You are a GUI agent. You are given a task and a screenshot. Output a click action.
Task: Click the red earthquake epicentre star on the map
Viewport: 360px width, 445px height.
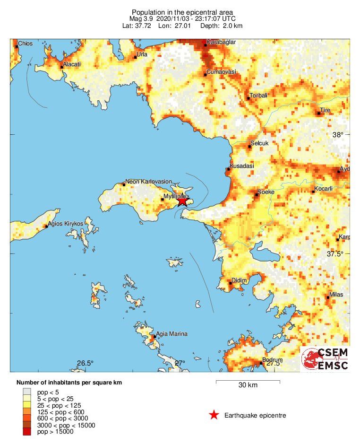coord(182,201)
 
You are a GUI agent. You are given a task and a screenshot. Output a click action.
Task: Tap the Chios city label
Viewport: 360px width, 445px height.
coord(26,44)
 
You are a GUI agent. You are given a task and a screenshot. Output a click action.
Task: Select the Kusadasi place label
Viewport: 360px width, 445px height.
coord(242,166)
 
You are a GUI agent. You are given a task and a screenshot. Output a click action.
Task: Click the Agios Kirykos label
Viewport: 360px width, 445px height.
coord(66,224)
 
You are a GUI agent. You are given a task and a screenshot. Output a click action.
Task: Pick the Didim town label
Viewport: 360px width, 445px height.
coord(239,280)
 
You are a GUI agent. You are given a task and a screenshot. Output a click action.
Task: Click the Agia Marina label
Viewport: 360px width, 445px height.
coord(171,334)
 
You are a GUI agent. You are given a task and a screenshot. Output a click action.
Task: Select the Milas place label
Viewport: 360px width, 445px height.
coord(336,295)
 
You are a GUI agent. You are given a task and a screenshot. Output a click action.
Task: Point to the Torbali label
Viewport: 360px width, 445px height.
coord(258,95)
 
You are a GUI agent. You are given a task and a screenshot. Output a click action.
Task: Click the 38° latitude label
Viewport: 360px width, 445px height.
coord(338,135)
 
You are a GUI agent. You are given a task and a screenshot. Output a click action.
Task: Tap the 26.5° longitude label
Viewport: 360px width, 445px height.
coord(85,363)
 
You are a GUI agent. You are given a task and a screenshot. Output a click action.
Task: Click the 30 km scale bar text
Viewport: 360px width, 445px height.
coord(248,385)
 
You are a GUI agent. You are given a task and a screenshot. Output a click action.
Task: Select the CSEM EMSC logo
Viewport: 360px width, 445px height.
coord(326,359)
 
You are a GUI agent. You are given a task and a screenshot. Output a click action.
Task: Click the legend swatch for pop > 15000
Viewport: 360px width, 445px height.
coord(27,431)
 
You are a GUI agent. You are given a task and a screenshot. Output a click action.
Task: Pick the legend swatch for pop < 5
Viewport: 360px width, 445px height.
coord(27,392)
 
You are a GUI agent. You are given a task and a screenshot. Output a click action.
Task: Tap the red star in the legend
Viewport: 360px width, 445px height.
coord(214,415)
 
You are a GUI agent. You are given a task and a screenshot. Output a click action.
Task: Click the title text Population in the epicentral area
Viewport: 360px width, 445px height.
coord(182,12)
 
